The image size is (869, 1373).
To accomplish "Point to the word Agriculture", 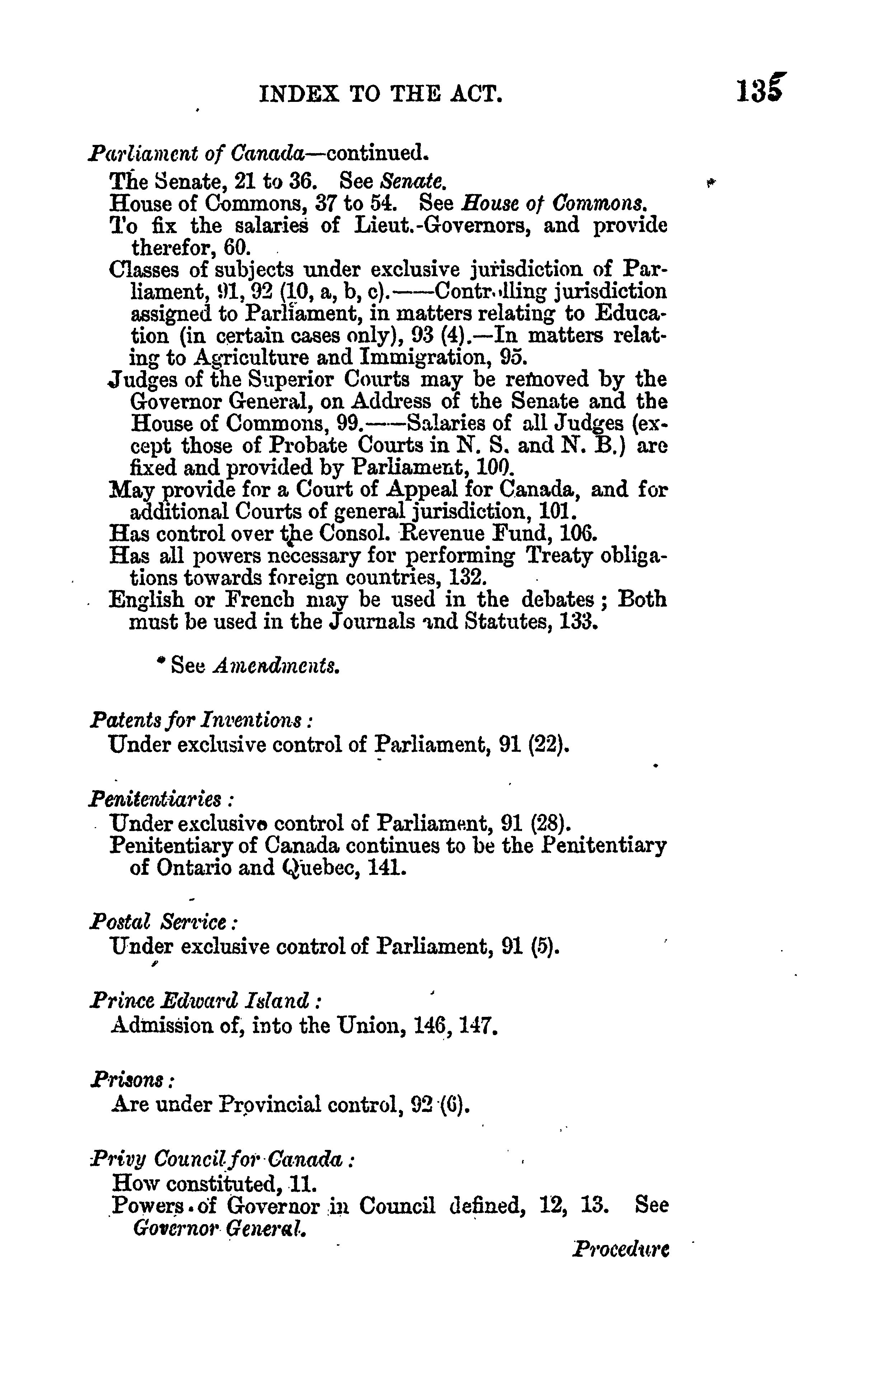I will click(x=252, y=358).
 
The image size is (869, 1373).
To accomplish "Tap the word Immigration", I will click(x=427, y=358).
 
